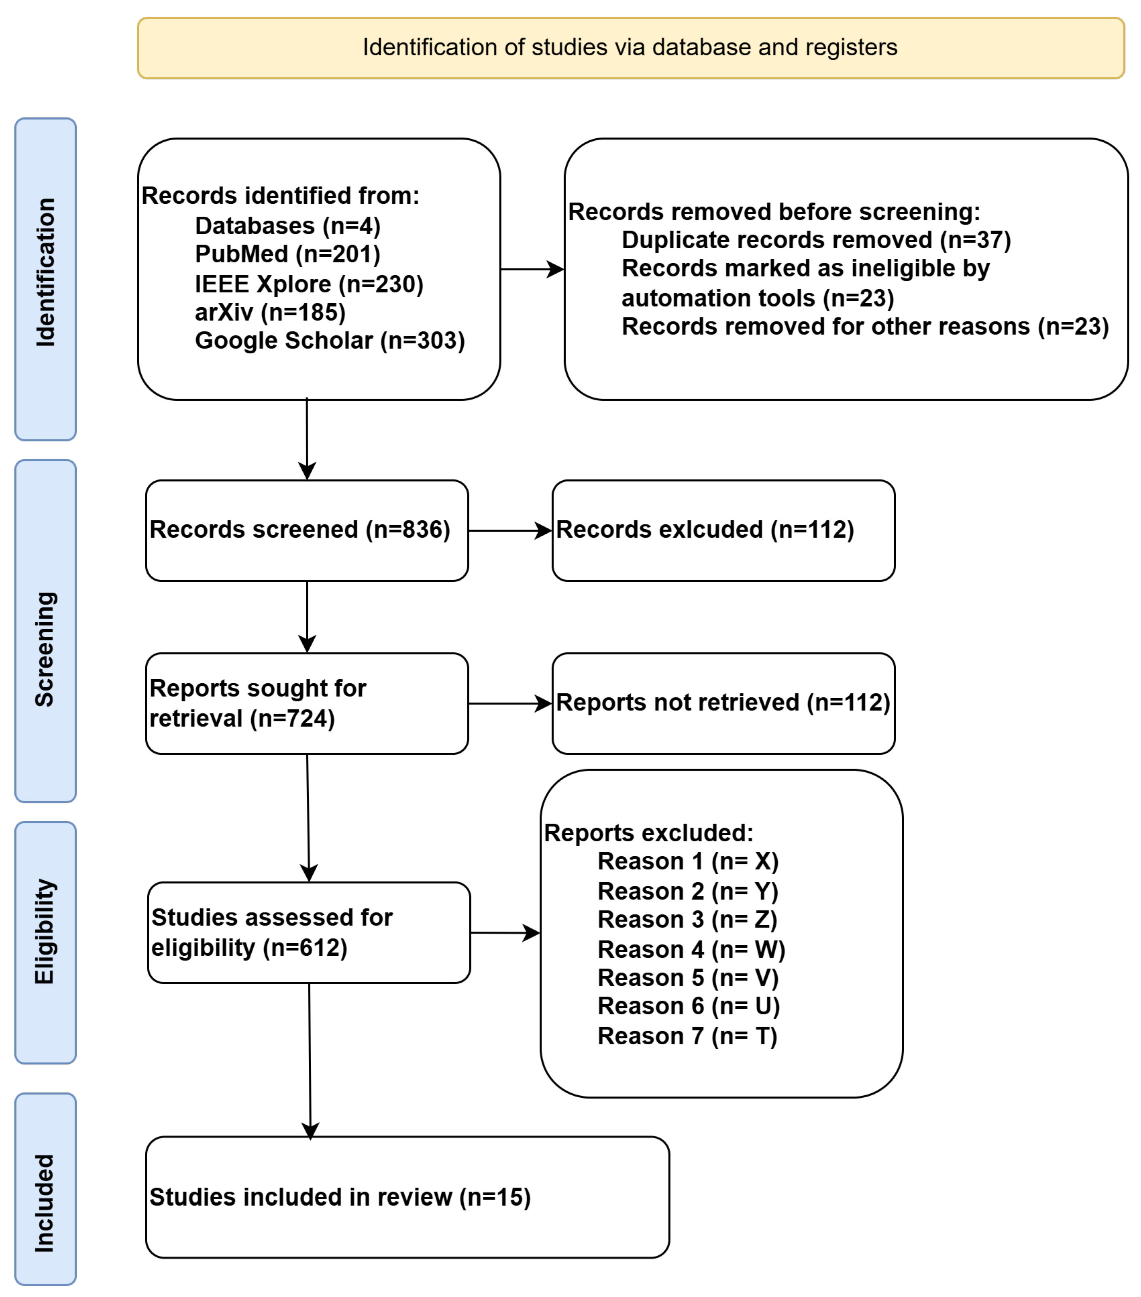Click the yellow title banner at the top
pyautogui.click(x=630, y=48)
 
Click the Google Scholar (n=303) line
pyautogui.click(x=329, y=341)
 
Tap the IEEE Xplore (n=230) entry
pyautogui.click(x=309, y=284)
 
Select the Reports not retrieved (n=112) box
pyautogui.click(x=723, y=703)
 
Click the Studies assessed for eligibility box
pyautogui.click(x=309, y=932)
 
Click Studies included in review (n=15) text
pyautogui.click(x=340, y=1198)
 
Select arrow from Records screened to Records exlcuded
pyautogui.click(x=509, y=530)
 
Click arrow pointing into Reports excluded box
pyautogui.click(x=505, y=933)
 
